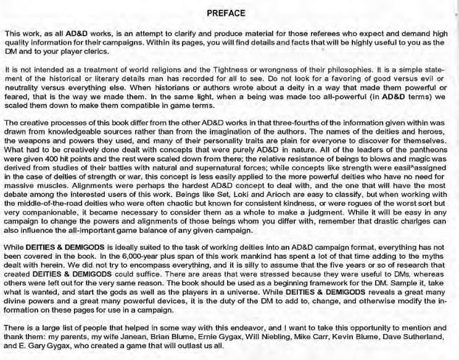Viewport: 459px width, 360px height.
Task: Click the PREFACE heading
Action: [x=229, y=12]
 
